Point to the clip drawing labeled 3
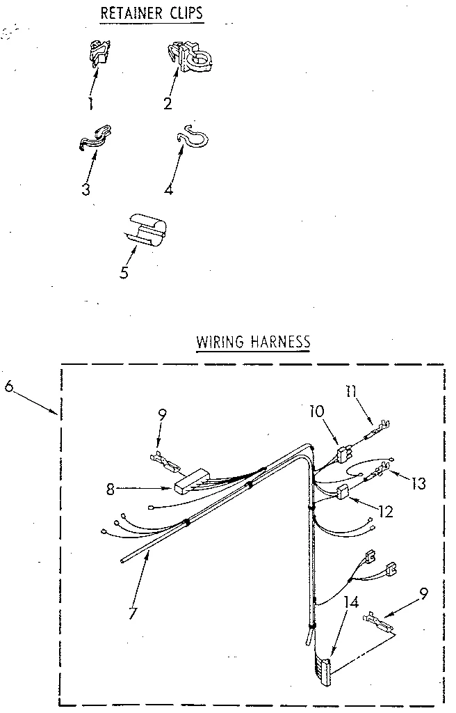tap(95, 136)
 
